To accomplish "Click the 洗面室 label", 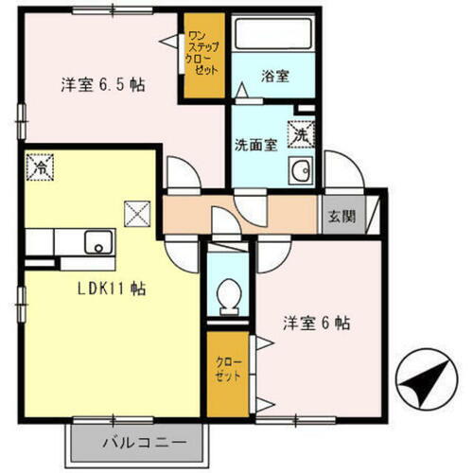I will coord(255,145).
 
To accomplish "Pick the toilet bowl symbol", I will coord(227,300).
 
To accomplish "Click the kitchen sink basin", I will coord(97,243).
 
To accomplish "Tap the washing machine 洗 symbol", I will coord(300,135).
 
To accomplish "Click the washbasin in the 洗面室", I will coord(302,171).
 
